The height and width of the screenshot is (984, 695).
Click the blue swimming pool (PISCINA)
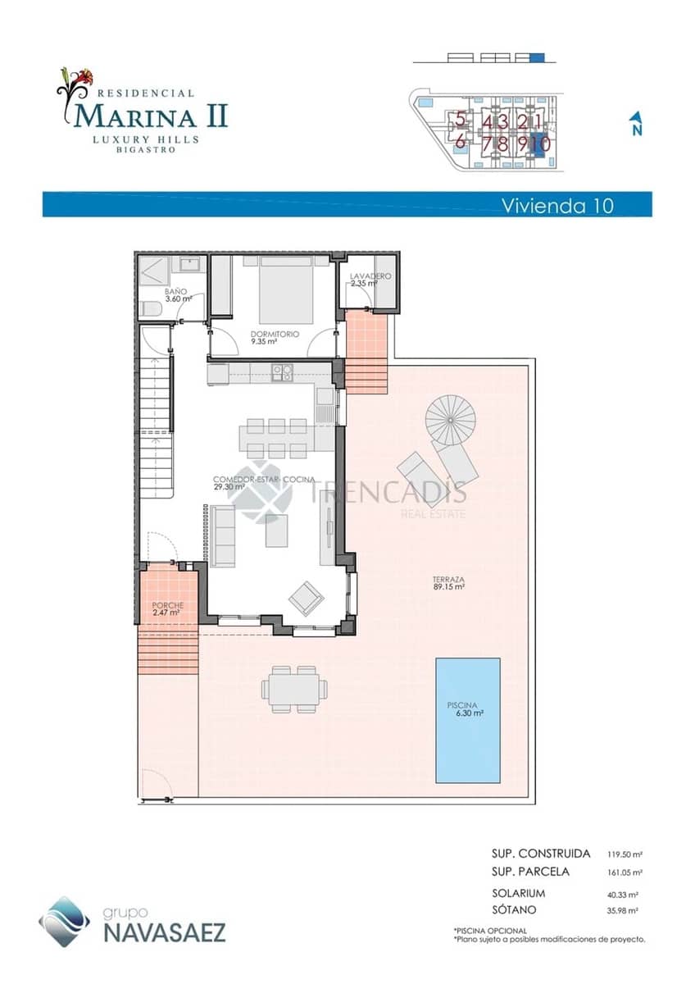[468, 719]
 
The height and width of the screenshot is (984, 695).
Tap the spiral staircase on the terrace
[450, 419]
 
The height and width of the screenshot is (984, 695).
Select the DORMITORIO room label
[275, 335]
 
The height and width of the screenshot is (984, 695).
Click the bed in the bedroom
[286, 290]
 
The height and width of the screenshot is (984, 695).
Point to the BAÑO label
[175, 292]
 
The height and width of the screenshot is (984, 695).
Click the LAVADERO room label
[370, 277]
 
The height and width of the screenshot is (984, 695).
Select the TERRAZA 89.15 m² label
[448, 581]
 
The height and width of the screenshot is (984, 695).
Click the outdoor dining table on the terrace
[295, 689]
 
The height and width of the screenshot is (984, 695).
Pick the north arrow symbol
[635, 124]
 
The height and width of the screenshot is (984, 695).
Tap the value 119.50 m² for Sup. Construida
[625, 854]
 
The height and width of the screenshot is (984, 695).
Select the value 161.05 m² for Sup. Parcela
[625, 872]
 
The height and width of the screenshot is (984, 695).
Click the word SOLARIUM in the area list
[518, 893]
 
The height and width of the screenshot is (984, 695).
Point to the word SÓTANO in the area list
[514, 909]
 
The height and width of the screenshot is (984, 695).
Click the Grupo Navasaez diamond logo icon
[64, 921]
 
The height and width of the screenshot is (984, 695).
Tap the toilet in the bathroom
[150, 309]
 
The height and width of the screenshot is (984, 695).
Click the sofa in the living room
[222, 535]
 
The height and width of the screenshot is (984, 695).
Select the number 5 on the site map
[461, 120]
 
